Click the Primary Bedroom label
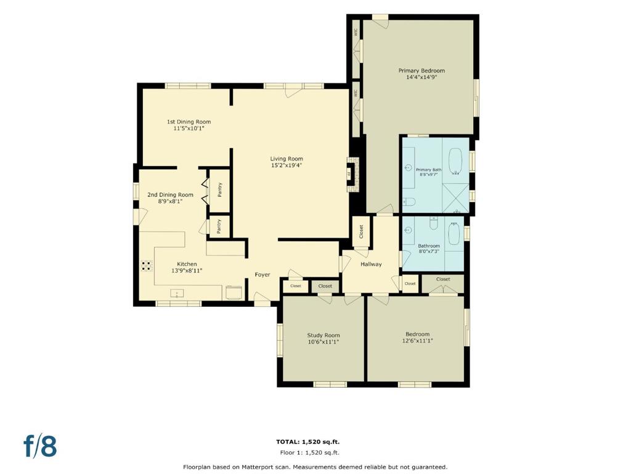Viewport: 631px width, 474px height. pyautogui.click(x=421, y=70)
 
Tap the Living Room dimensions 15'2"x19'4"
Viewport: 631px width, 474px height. pyautogui.click(x=287, y=165)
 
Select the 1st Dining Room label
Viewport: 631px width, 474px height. pyautogui.click(x=189, y=122)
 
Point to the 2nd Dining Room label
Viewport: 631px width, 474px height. pyautogui.click(x=170, y=194)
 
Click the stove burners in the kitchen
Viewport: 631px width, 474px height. pyautogui.click(x=147, y=265)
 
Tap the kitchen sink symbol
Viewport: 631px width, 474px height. pyautogui.click(x=177, y=293)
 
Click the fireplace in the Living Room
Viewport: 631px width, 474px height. pyautogui.click(x=351, y=174)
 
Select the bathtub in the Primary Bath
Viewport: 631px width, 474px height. pyautogui.click(x=455, y=162)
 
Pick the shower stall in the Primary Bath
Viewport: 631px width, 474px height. pyautogui.click(x=455, y=198)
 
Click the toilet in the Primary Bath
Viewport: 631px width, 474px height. pyautogui.click(x=409, y=202)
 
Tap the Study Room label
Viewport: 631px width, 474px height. pyautogui.click(x=323, y=335)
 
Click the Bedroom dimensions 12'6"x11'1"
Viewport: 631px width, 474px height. pyautogui.click(x=417, y=341)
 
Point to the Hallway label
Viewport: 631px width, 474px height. pyautogui.click(x=370, y=264)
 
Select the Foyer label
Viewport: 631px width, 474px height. pyautogui.click(x=263, y=275)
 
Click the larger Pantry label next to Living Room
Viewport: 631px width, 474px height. pyautogui.click(x=220, y=190)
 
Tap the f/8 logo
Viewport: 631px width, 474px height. pyautogui.click(x=40, y=446)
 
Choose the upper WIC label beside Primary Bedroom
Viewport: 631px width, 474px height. pyautogui.click(x=356, y=33)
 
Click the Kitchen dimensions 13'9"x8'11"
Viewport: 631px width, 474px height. pyautogui.click(x=187, y=271)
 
